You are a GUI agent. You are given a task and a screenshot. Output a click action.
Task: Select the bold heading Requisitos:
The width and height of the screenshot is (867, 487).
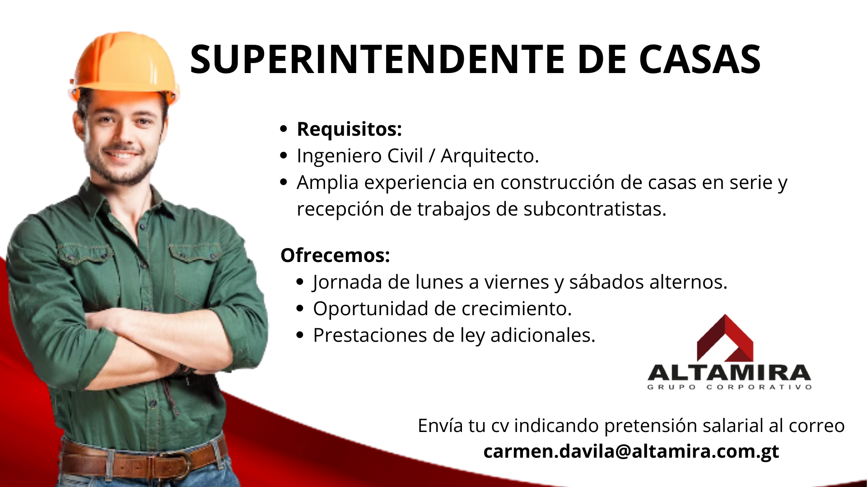pos(349,129)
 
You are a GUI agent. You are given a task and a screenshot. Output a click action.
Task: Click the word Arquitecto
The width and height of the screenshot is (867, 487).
pos(490,156)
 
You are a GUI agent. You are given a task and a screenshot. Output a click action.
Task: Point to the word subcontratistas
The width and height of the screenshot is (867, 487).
pos(595,209)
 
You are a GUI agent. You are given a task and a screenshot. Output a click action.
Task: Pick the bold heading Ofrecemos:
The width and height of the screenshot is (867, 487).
pos(335,256)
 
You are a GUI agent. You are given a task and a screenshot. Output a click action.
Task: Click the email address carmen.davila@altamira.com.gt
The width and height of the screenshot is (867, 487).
pos(631,452)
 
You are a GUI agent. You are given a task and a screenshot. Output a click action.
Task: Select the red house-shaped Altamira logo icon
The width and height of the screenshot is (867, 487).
pos(725,338)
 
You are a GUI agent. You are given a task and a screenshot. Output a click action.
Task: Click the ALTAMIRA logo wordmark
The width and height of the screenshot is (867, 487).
pos(729,373)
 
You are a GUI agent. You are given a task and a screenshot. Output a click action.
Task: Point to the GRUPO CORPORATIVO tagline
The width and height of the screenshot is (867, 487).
pos(729,387)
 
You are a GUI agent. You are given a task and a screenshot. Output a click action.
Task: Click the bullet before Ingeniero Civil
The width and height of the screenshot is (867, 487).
pos(284,156)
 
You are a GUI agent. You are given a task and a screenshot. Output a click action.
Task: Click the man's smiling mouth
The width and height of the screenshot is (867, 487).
pos(122,155)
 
